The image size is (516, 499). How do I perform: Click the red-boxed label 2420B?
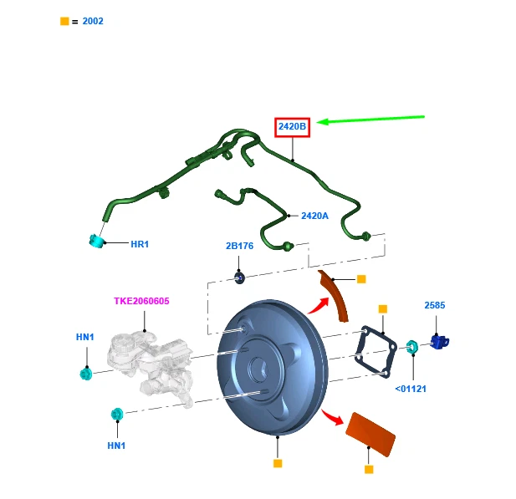tap(293, 127)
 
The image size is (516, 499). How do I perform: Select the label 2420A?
tap(314, 216)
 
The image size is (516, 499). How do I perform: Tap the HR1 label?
tap(139, 245)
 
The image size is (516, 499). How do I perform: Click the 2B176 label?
tap(239, 247)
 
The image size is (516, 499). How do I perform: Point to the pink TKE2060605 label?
tap(143, 301)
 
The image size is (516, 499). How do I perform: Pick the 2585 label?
tap(435, 306)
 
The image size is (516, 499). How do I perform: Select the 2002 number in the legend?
tap(93, 21)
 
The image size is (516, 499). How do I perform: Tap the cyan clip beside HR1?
tap(98, 242)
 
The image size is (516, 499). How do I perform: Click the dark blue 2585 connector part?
tap(439, 341)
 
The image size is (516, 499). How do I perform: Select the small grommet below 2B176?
tap(239, 277)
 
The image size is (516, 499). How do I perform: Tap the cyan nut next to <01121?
tap(412, 345)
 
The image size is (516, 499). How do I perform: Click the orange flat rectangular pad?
tap(370, 433)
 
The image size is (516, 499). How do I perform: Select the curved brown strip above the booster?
tap(338, 298)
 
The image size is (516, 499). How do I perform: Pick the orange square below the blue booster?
tap(278, 463)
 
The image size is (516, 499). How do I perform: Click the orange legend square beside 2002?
tap(64, 21)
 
